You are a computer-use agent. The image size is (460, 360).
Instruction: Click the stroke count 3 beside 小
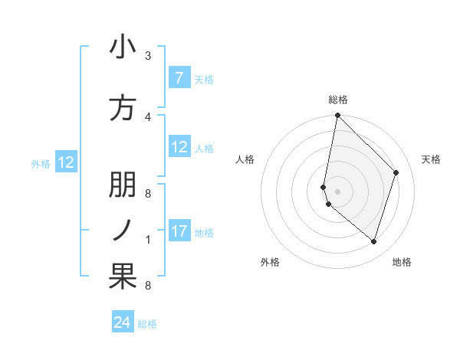click(148, 55)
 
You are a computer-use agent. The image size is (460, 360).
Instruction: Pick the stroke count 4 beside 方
click(148, 116)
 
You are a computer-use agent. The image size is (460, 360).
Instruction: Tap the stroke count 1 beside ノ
click(148, 240)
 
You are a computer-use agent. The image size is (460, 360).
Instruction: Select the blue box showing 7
click(179, 77)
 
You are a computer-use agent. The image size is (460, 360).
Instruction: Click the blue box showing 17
click(179, 231)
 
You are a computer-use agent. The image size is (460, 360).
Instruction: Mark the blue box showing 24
click(122, 322)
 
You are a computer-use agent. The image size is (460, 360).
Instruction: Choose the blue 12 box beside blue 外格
click(66, 162)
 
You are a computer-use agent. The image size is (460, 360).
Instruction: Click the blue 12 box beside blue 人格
click(179, 147)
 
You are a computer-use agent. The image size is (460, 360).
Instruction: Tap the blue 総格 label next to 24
click(147, 324)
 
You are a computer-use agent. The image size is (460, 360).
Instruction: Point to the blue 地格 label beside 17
click(204, 232)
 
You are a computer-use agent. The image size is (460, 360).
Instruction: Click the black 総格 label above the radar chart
click(338, 100)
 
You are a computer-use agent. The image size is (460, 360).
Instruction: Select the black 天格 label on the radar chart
click(431, 159)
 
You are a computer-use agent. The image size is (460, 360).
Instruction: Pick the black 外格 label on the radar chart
click(270, 262)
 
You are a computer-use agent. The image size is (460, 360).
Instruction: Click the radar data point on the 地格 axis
click(373, 241)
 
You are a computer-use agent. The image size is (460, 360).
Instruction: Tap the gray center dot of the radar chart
click(337, 191)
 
